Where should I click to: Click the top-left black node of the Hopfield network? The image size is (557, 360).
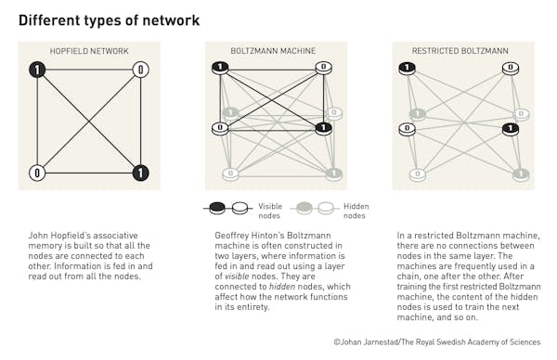pos(37,70)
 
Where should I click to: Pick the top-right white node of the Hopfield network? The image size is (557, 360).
pos(140,70)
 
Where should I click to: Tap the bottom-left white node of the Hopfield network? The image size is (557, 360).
pos(37,173)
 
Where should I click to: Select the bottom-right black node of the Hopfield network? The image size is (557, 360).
pos(140,173)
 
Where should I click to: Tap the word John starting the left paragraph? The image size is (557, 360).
pos(38,237)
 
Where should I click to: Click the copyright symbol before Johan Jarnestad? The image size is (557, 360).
pos(337,342)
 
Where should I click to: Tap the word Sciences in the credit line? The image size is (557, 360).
pos(525,342)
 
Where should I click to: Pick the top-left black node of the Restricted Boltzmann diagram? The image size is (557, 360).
pos(407,68)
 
